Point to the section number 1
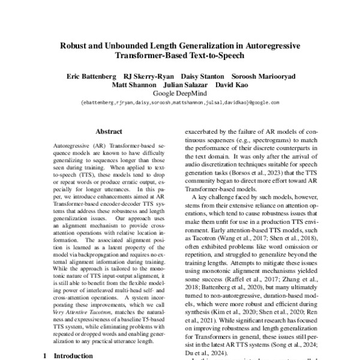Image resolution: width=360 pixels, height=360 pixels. point(46,356)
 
